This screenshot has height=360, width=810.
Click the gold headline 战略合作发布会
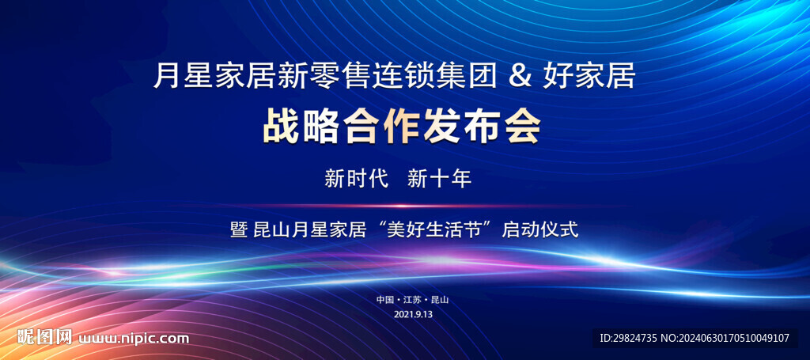coord(402,127)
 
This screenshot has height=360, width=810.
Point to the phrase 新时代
coord(356,179)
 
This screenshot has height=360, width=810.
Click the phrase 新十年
coord(438,179)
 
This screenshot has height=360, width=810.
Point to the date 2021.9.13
coord(413,313)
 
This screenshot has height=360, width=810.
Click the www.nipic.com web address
coord(133,339)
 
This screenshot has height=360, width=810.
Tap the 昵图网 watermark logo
coord(44,338)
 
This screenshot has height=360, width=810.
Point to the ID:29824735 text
coord(628,339)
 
